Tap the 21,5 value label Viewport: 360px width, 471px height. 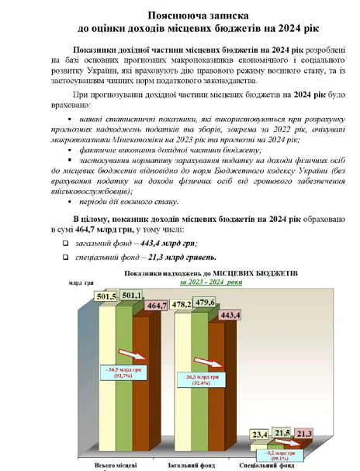pos(283,431)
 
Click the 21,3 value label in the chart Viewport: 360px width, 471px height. pos(304,433)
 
